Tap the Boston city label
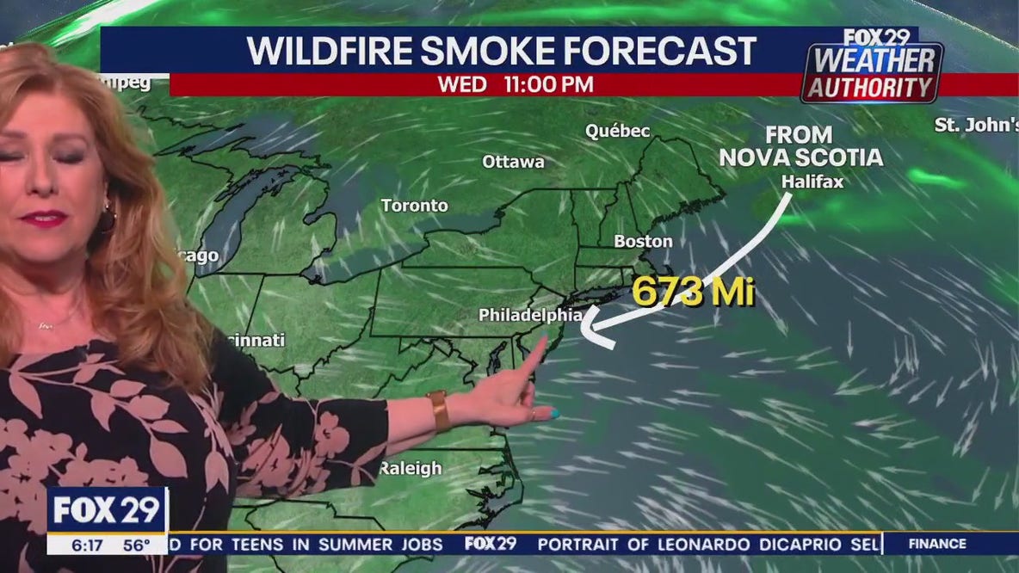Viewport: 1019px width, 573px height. coord(643,242)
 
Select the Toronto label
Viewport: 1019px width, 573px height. coord(415,206)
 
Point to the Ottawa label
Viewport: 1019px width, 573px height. coord(513,162)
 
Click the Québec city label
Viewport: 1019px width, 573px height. coord(617,131)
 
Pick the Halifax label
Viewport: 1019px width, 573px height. coord(812,182)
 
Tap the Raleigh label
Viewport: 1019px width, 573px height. coord(411,469)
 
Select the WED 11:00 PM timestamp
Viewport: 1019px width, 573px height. coord(515,84)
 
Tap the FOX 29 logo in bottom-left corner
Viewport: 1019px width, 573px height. coord(107,510)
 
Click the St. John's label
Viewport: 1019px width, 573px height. coord(976,125)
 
